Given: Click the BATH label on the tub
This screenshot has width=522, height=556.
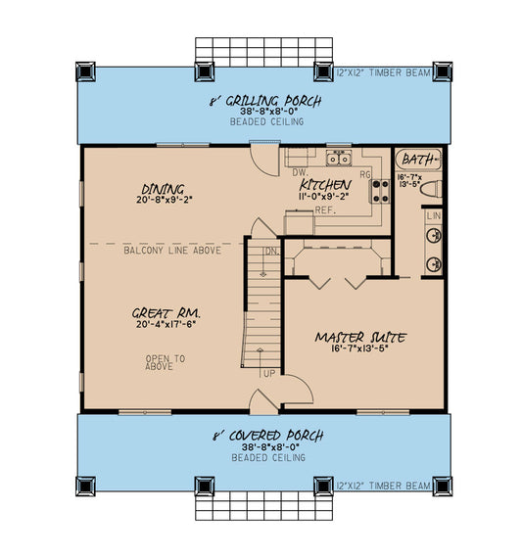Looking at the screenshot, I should pos(419,158).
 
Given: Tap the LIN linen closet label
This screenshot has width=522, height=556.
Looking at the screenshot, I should pos(435,213).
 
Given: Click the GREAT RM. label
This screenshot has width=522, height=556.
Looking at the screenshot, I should pos(162,313).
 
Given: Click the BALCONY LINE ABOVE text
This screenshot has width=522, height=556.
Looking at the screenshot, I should pos(171,252).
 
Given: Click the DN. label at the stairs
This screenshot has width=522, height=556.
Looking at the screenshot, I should pos(273,250).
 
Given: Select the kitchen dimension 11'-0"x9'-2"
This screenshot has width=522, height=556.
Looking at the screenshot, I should pos(324,196).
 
